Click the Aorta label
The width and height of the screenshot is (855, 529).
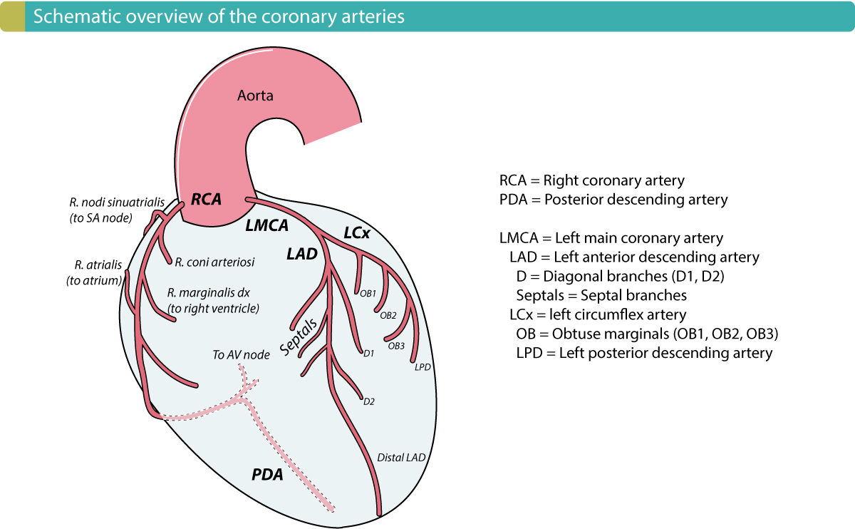click(255, 95)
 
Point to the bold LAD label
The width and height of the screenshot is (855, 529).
click(302, 253)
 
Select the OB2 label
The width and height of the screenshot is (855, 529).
click(388, 314)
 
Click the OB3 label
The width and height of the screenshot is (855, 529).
click(397, 346)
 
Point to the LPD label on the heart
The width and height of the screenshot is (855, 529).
click(423, 368)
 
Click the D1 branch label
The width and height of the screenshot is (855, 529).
click(368, 353)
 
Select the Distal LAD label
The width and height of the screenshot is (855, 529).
click(401, 457)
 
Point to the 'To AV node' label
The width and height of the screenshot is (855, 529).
click(241, 354)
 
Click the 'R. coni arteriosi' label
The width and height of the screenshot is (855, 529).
click(215, 262)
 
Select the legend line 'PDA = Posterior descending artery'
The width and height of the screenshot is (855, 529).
click(613, 200)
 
